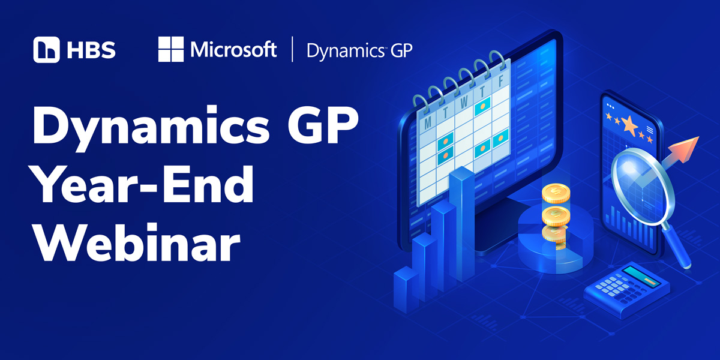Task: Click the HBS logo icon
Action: click(x=47, y=50)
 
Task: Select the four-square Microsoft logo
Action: click(x=170, y=49)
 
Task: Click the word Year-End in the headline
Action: click(x=143, y=185)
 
